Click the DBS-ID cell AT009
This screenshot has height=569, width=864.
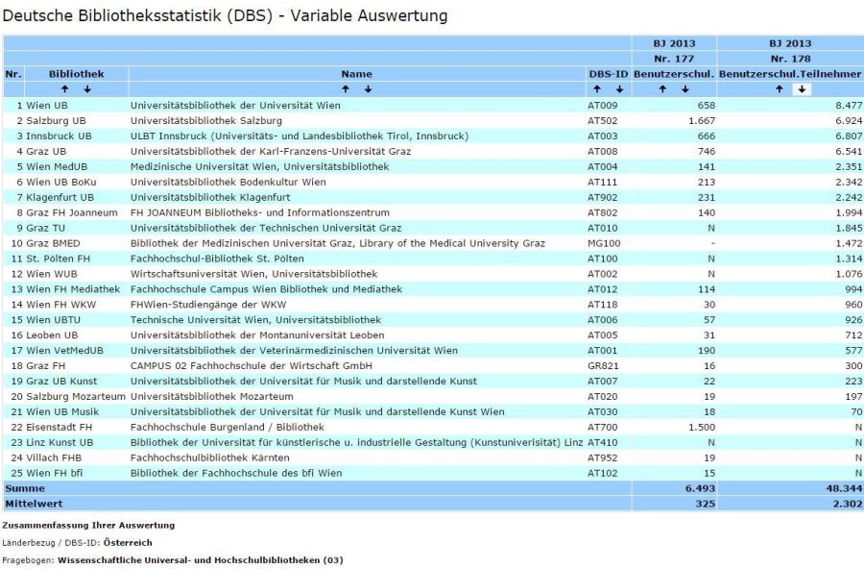click(600, 105)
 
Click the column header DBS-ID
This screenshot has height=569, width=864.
click(608, 74)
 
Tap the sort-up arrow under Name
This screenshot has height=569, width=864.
click(346, 89)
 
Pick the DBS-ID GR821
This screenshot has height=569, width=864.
click(601, 366)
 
